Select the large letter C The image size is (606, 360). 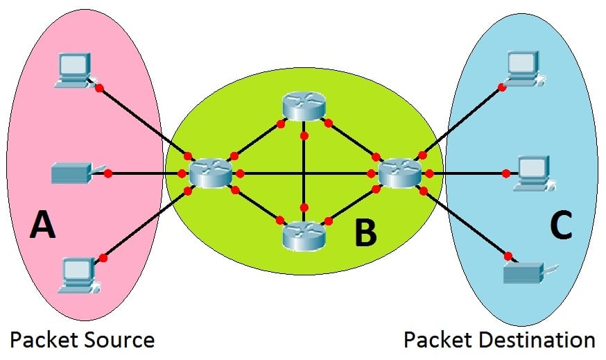(561, 226)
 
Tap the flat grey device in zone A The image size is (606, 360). (71, 172)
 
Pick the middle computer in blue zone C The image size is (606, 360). (531, 172)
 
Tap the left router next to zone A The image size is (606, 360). (211, 172)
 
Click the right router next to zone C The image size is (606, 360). (400, 172)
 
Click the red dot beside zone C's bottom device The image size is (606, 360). (508, 255)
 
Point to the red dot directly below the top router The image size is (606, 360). (304, 135)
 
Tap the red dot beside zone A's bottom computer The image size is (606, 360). (103, 258)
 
